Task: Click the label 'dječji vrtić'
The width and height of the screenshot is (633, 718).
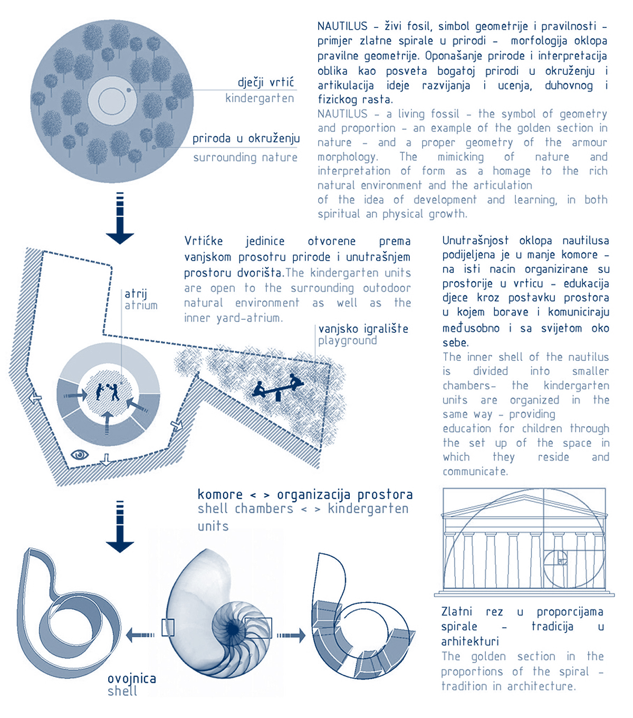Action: point(265,82)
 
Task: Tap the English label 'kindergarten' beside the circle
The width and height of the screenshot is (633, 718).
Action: point(260,99)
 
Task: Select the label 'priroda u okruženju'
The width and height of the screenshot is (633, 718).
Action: point(246,139)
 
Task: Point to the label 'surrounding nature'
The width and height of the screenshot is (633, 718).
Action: point(245,158)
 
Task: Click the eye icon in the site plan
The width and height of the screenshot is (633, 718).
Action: point(80,454)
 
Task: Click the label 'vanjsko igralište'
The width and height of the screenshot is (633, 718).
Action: point(363,329)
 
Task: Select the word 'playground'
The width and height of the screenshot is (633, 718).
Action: point(348,341)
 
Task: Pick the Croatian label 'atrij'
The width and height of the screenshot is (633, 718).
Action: point(136,294)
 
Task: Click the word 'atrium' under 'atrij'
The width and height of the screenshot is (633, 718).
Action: point(141,305)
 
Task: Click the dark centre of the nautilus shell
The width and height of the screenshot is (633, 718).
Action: point(233,629)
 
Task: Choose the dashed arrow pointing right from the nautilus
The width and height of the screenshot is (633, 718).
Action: point(291,635)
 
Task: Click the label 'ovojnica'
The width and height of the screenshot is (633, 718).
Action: point(132,679)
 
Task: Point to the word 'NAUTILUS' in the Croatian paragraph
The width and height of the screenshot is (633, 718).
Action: point(342,26)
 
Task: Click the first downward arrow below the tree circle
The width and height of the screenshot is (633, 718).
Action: point(120,219)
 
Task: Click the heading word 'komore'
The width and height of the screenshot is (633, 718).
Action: point(220,495)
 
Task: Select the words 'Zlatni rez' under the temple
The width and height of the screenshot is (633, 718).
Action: point(472,612)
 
